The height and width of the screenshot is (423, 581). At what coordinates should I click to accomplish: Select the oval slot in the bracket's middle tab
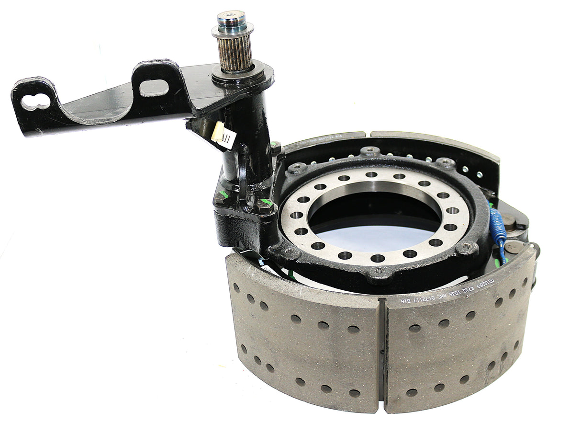click(154, 88)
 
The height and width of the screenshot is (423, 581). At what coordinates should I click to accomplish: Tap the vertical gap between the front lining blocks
click(381, 350)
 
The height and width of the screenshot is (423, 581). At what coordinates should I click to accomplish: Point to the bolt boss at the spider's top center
click(370, 152)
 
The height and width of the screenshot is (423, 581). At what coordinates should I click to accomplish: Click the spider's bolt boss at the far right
click(466, 248)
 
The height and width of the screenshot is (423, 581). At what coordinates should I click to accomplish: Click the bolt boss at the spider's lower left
click(289, 251)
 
